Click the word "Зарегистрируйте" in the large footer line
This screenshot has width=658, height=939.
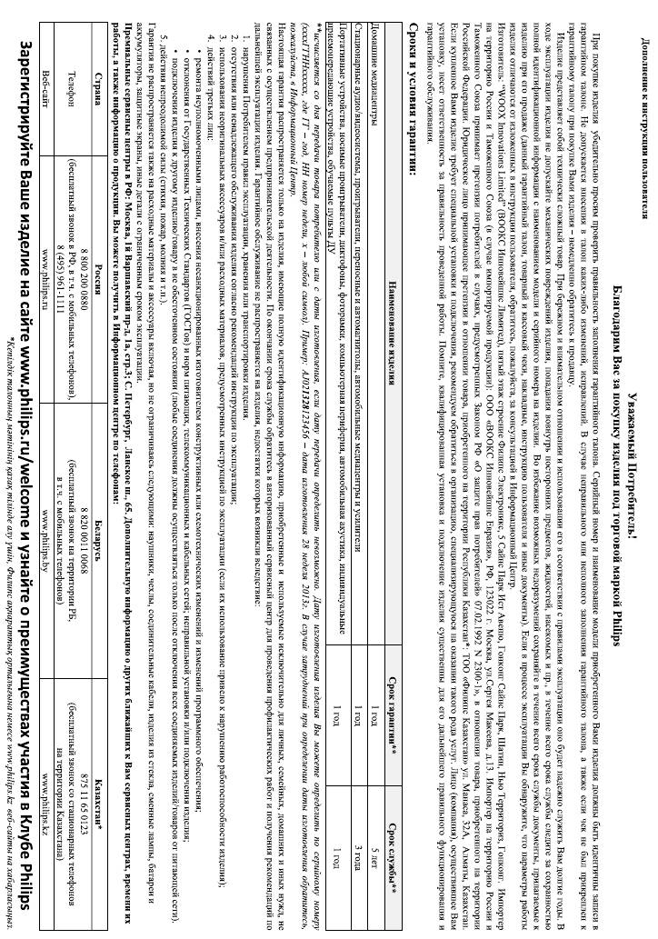tap(22, 108)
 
